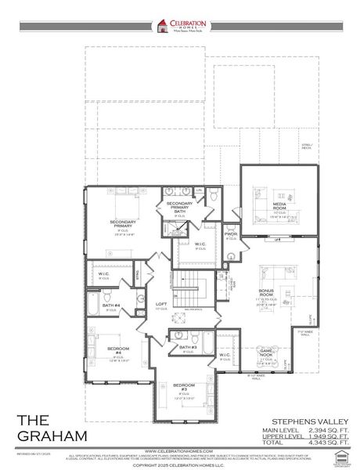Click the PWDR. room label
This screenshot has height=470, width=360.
pyautogui.click(x=231, y=233)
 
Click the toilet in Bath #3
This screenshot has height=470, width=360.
pyautogui.click(x=206, y=342)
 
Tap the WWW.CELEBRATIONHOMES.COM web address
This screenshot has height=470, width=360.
pyautogui.click(x=180, y=452)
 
